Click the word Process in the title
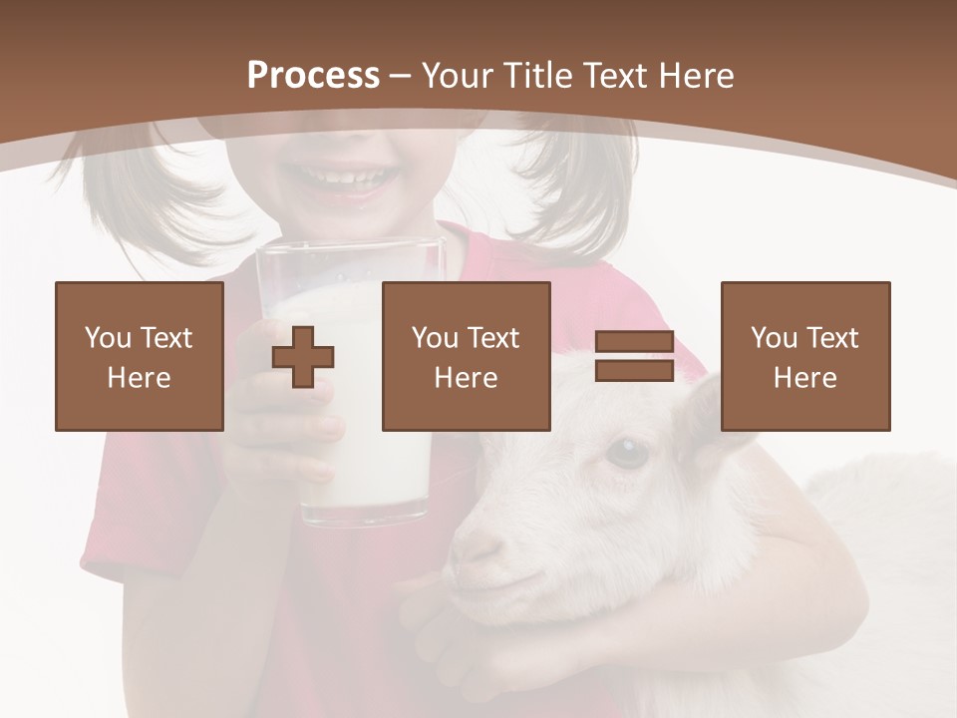pyautogui.click(x=313, y=76)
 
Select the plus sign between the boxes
pyautogui.click(x=303, y=357)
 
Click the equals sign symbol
pyautogui.click(x=634, y=356)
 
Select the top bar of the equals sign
pyautogui.click(x=634, y=341)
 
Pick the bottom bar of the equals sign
pyautogui.click(x=634, y=371)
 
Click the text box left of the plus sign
pyautogui.click(x=140, y=356)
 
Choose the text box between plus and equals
pyautogui.click(x=466, y=356)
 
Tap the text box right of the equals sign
pyautogui.click(x=804, y=356)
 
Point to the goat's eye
pyautogui.click(x=626, y=454)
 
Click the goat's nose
pyautogui.click(x=476, y=543)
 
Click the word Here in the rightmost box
pyautogui.click(x=804, y=378)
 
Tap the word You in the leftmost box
pyautogui.click(x=107, y=338)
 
